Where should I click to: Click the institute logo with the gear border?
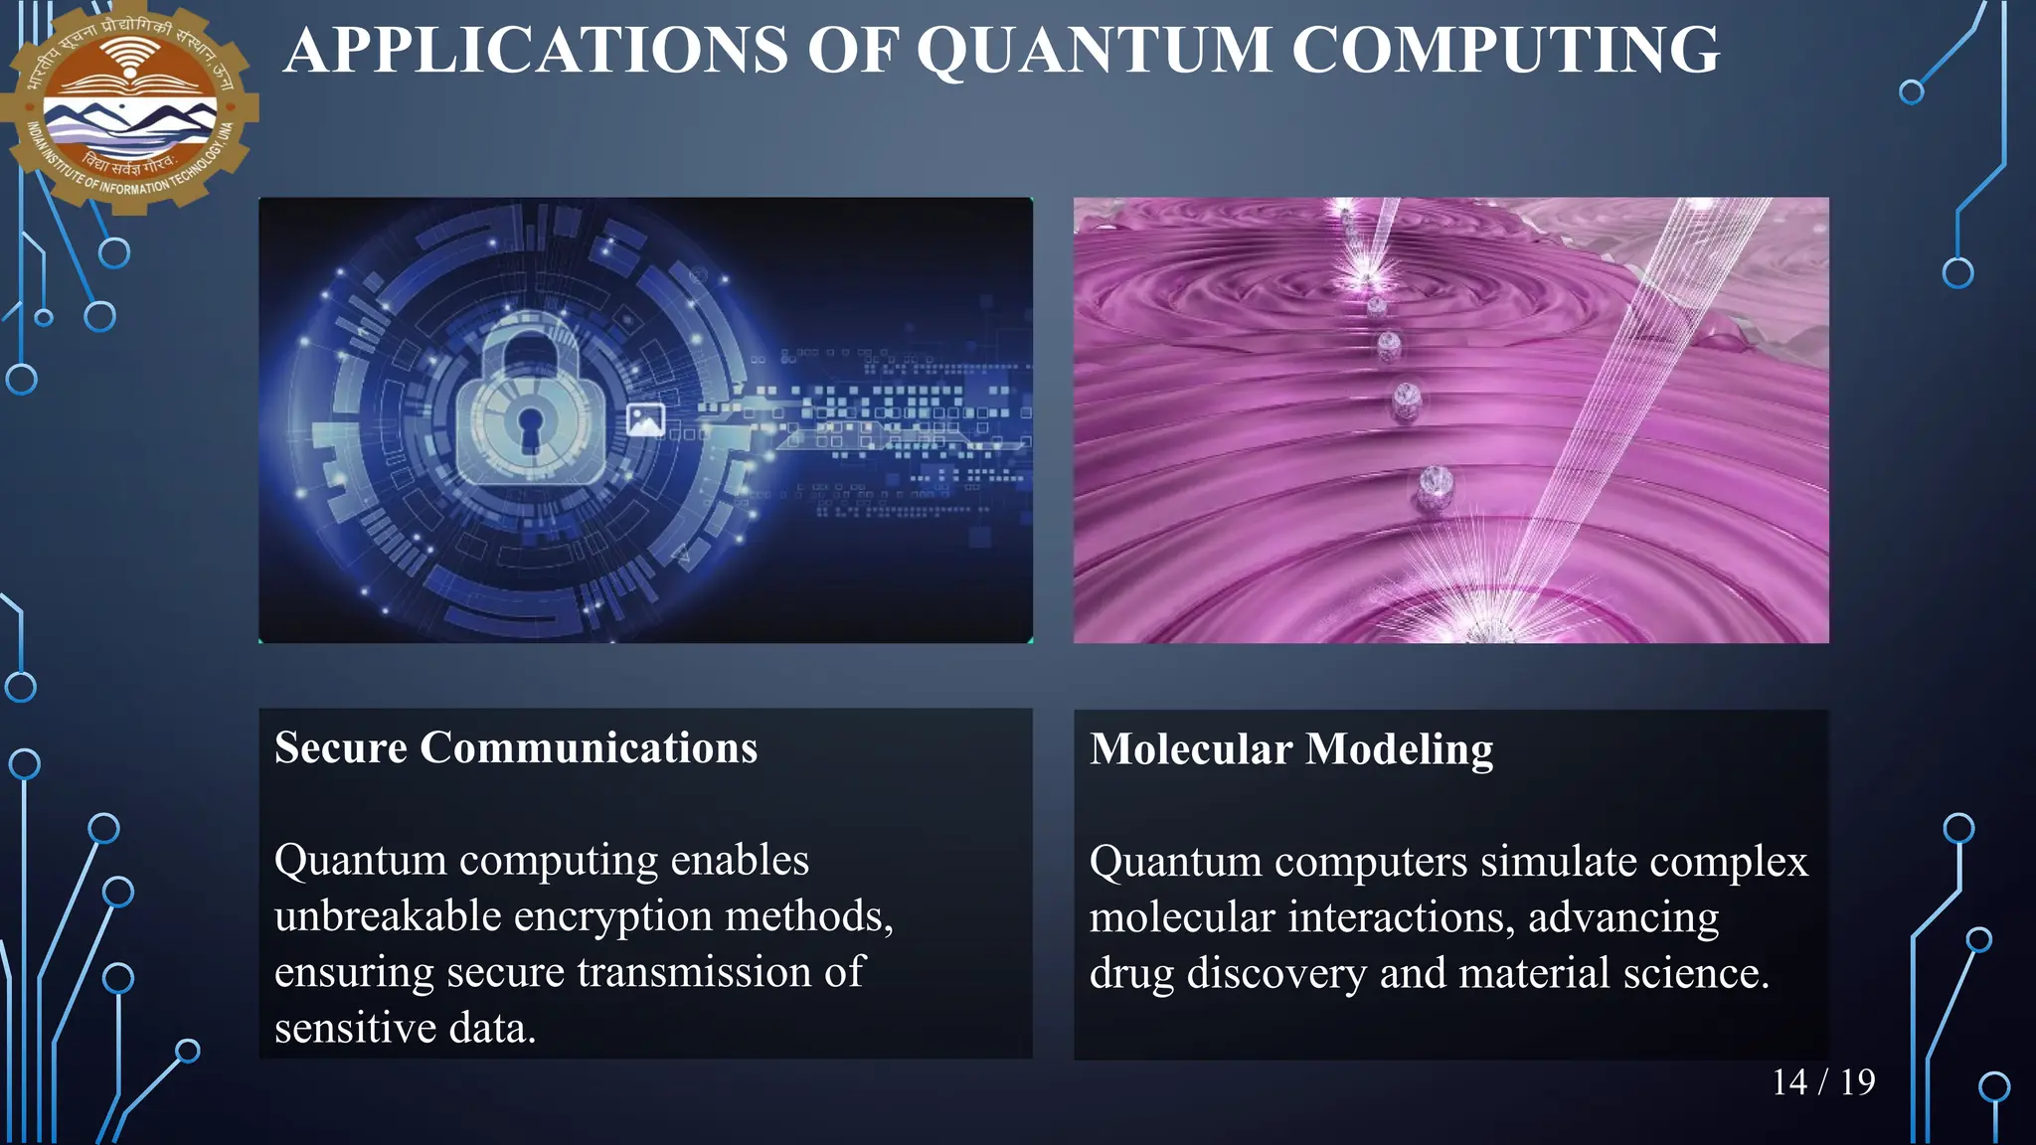(x=129, y=104)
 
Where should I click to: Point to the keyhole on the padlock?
(x=531, y=425)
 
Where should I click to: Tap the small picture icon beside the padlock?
(x=645, y=419)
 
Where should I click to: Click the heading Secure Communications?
(x=515, y=747)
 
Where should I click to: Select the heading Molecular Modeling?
(x=1290, y=749)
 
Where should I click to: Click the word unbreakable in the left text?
(x=387, y=916)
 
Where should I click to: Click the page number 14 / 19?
(x=1822, y=1082)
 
